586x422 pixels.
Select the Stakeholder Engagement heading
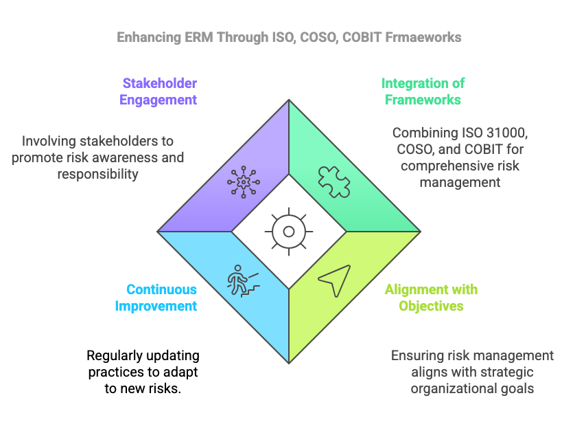(159, 91)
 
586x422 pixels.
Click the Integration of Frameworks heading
(423, 91)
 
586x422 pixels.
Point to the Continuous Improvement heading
(156, 298)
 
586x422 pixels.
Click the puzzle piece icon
(333, 181)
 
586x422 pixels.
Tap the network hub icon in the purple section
(243, 181)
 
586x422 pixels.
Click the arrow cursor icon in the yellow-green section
(334, 280)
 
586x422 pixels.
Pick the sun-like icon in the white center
(288, 231)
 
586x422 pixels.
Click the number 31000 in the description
(504, 133)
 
